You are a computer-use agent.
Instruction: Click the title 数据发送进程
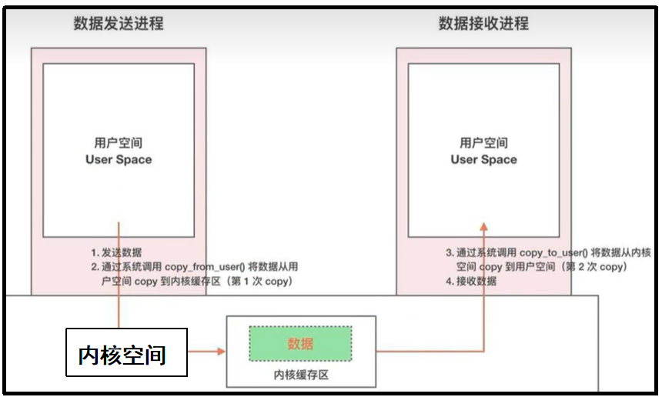(119, 24)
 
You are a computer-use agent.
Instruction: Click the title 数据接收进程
(483, 24)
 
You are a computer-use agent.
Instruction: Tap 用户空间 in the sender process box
(118, 143)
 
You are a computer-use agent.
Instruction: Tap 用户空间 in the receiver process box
(483, 143)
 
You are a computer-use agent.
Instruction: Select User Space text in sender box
(118, 160)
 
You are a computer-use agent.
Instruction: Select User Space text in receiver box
(483, 160)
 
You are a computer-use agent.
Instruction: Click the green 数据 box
(300, 344)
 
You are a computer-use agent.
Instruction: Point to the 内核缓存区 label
(300, 375)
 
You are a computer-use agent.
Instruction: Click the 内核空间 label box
(126, 352)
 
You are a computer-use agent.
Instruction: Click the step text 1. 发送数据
(115, 252)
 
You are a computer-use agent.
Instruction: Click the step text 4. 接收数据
(471, 281)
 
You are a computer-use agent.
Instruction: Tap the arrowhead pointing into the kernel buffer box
(221, 352)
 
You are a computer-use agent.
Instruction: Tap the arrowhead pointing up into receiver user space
(483, 226)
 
